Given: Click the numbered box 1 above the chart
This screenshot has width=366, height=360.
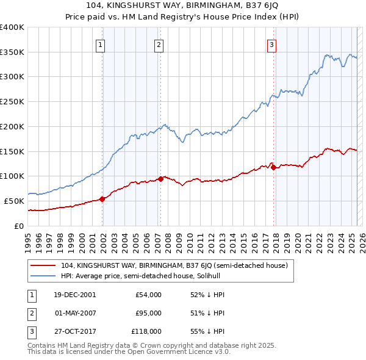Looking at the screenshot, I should tap(99, 44).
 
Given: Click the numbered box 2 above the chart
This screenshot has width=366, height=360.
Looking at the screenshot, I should tap(158, 44).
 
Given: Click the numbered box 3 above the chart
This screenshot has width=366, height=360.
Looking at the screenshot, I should tap(271, 44).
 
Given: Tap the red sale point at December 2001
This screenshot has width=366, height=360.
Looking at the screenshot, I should tap(102, 198).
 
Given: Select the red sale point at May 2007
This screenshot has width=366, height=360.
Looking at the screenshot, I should tap(160, 179).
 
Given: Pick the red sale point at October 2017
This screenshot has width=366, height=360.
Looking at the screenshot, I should tap(273, 167).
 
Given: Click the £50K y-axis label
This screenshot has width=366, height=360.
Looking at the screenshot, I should tap(14, 201).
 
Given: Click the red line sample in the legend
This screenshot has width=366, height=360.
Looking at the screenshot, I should tap(42, 265).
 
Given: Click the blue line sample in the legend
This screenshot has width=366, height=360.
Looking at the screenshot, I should tap(42, 276).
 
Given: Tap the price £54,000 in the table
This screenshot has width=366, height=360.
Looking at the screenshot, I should tap(149, 295).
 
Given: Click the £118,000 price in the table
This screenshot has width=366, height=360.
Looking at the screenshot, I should tap(147, 331).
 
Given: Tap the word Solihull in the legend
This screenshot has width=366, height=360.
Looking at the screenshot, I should tap(215, 276).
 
